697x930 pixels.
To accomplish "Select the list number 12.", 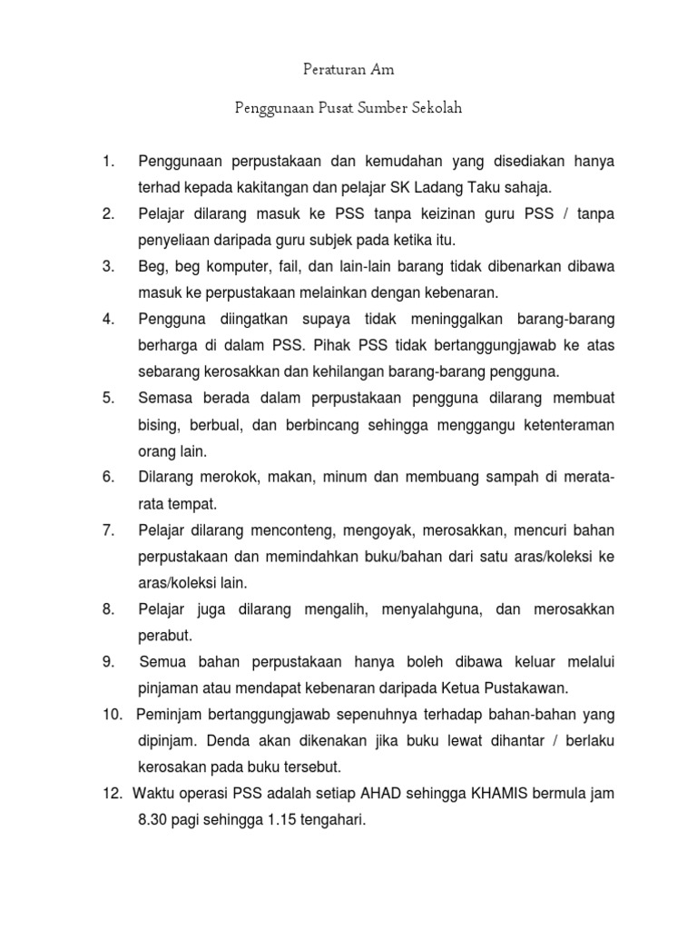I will point(113,794).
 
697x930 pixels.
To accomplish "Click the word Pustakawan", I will point(535,688).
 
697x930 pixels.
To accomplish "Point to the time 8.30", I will point(156,820).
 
